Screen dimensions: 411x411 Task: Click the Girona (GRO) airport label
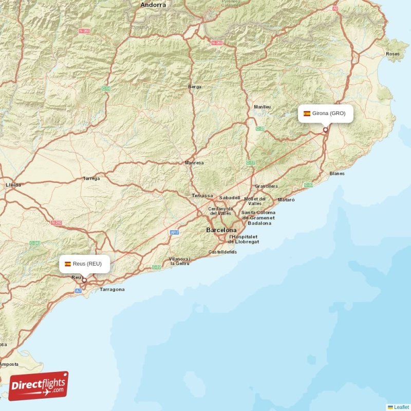click(x=329, y=114)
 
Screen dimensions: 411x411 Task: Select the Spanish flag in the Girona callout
click(x=307, y=114)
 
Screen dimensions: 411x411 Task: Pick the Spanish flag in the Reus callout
click(x=67, y=264)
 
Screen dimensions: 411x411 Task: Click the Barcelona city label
click(x=221, y=230)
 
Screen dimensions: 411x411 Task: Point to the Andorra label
click(x=153, y=5)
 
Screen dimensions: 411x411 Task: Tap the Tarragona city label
click(x=112, y=290)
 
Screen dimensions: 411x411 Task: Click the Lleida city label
click(x=13, y=185)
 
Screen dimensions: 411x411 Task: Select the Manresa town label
click(x=194, y=163)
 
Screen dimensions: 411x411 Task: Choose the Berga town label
click(x=195, y=87)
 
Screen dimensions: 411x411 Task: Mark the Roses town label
click(x=393, y=54)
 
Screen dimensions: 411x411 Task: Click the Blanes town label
click(x=337, y=174)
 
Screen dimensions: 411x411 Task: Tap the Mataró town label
click(x=286, y=199)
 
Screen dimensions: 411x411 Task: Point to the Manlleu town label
click(x=262, y=107)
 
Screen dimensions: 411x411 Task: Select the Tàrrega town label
click(x=91, y=179)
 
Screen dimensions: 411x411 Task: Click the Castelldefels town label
click(x=223, y=252)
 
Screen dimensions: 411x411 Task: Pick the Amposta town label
click(x=9, y=364)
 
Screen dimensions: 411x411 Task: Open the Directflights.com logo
click(x=39, y=386)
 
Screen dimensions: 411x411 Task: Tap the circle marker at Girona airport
click(x=325, y=130)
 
